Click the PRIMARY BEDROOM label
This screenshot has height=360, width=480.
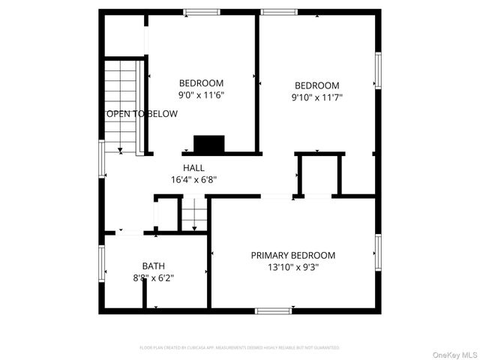pos(292,255)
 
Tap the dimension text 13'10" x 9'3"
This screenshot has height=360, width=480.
pos(292,268)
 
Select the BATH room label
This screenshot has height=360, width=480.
pos(153,265)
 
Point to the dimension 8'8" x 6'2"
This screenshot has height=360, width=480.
pos(153,278)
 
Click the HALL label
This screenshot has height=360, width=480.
pos(193,168)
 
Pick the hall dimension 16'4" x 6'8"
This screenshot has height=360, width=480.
pos(193,180)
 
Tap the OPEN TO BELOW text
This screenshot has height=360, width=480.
pos(142,114)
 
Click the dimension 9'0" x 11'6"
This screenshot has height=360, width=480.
pos(201,95)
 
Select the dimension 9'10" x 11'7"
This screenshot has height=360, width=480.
pos(316,97)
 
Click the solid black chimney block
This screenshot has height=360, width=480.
pos(209,143)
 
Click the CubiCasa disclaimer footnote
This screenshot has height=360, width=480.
pos(239,348)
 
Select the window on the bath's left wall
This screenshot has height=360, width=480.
pos(101,268)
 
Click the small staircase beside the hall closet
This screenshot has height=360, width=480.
pos(193,214)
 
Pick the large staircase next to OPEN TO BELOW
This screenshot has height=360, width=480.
pos(121,105)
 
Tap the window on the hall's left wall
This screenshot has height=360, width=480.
pos(102,158)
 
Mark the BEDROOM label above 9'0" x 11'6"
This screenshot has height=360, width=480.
pos(201,82)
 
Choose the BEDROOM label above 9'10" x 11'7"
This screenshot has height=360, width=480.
pos(316,85)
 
